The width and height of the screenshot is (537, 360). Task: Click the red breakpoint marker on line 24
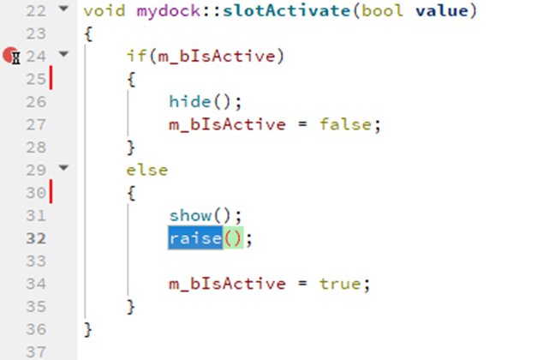[10, 57]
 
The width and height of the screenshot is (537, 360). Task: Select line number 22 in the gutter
[35, 11]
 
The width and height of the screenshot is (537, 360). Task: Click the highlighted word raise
[195, 238]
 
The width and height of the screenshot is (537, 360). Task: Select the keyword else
[147, 170]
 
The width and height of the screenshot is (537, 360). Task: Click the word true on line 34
[342, 284]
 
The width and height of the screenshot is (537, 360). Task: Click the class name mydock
[163, 12]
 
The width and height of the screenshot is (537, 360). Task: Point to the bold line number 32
[35, 238]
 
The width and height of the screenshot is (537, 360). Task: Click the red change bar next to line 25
[51, 80]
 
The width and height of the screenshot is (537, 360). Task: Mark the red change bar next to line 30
[51, 193]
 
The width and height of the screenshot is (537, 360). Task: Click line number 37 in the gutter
[35, 351]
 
